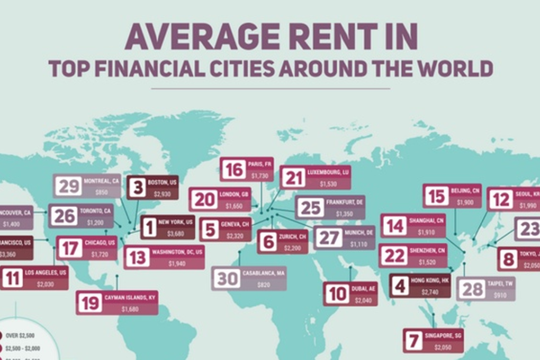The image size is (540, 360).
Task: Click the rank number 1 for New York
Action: (149, 228)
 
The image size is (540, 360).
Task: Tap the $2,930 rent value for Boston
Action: (161, 194)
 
